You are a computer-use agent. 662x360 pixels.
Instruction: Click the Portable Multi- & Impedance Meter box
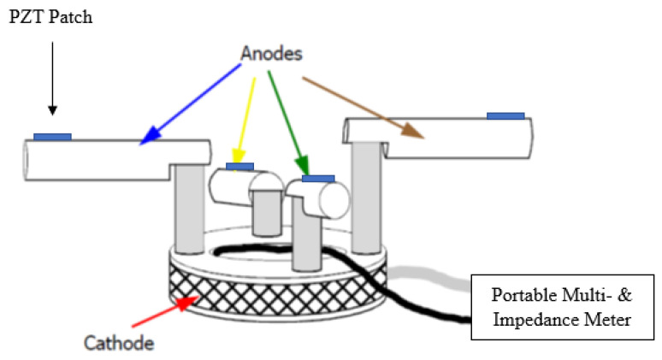564,306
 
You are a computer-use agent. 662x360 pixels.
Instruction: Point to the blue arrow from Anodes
188,104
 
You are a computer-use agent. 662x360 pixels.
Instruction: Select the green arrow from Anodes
287,120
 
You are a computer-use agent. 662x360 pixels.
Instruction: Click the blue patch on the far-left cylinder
52,136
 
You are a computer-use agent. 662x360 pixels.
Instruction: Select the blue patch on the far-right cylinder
505,115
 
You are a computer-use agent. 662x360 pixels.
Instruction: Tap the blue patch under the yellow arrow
239,166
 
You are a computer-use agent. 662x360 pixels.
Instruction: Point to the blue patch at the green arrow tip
318,179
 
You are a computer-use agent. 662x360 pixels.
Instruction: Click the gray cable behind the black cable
445,274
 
